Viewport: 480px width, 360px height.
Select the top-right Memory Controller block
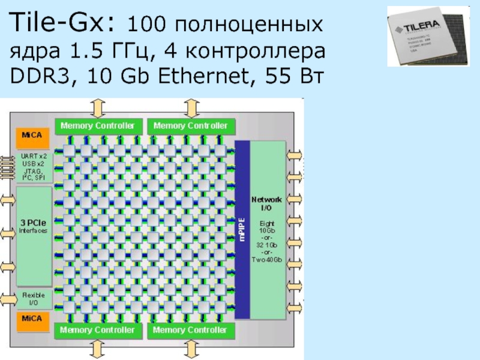point(191,126)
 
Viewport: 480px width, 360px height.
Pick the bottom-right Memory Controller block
point(191,330)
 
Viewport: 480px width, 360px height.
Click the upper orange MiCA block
point(32,136)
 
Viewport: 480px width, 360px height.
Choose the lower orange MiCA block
point(32,319)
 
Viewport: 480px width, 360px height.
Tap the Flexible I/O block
point(32,299)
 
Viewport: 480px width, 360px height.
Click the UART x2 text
point(34,155)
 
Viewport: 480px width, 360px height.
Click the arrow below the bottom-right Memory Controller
point(191,348)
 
